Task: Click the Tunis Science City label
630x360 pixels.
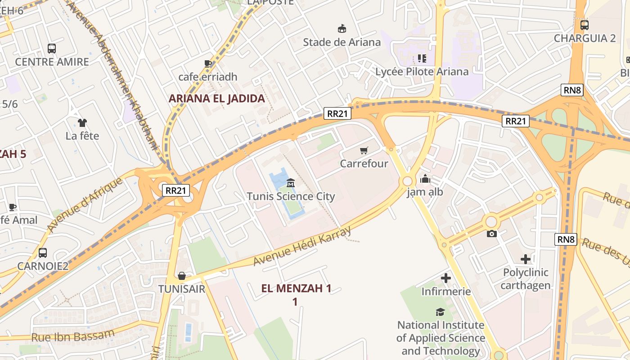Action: [291, 197]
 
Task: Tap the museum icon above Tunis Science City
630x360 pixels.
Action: [291, 183]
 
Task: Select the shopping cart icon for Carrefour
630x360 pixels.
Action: [364, 150]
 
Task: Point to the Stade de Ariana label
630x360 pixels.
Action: [342, 42]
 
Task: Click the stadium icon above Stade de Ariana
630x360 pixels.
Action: [342, 29]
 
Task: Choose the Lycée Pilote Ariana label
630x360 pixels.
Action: [422, 72]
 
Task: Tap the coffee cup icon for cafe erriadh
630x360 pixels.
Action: [207, 63]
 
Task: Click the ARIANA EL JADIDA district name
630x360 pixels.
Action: [216, 99]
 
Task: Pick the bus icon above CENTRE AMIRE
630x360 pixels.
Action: [52, 48]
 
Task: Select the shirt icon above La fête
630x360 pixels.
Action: [82, 122]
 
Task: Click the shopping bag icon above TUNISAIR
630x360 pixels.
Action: [182, 275]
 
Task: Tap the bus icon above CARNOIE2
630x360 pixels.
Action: [43, 252]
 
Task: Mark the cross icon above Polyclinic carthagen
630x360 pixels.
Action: [525, 259]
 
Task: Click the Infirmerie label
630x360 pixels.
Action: [445, 292]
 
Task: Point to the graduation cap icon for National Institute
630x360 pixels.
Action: [440, 312]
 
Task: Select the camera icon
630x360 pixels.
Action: [492, 234]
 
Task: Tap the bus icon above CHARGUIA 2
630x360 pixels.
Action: [584, 25]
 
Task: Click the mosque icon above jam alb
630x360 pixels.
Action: [425, 179]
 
